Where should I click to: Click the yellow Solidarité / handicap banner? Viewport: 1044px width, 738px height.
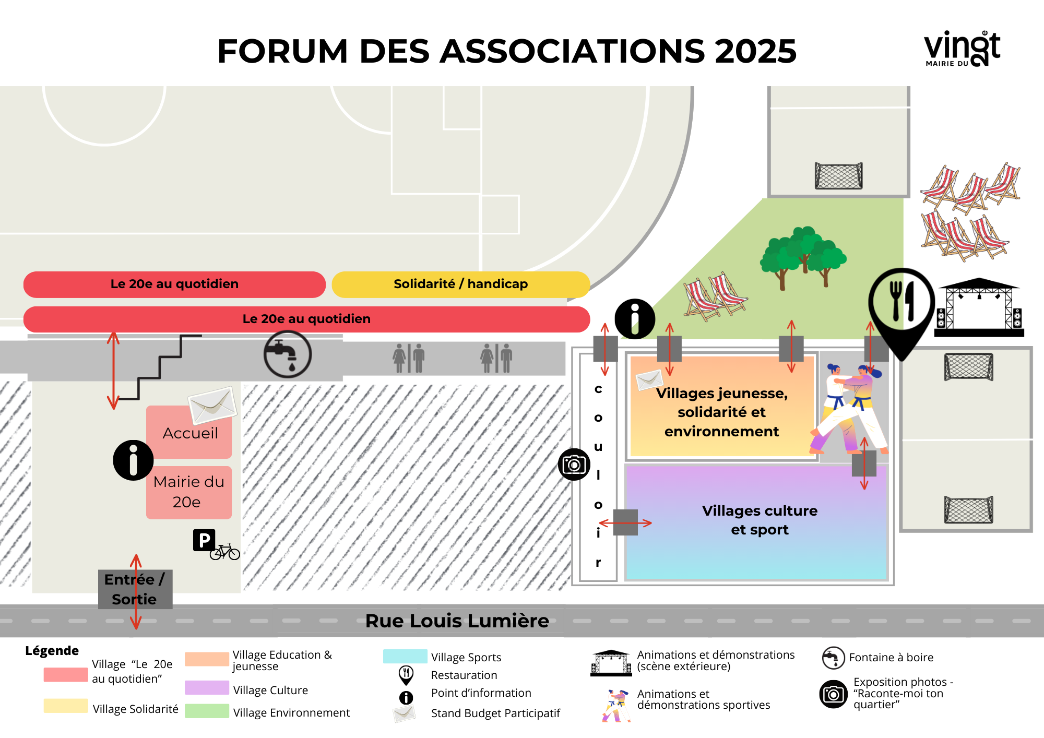point(461,284)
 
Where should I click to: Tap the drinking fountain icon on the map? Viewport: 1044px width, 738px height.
point(288,354)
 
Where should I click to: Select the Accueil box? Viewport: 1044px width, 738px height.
point(189,432)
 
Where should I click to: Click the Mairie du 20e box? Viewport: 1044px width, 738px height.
point(189,492)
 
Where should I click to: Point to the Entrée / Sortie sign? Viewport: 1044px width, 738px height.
point(135,589)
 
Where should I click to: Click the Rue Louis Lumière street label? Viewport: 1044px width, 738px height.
point(457,621)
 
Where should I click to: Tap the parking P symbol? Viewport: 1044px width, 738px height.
point(204,540)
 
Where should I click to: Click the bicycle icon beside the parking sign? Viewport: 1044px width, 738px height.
point(225,552)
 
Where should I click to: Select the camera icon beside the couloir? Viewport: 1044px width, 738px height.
point(574,464)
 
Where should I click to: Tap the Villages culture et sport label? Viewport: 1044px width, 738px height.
point(760,520)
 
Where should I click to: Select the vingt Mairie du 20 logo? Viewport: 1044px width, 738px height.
point(962,49)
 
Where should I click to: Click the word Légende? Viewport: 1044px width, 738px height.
point(52,651)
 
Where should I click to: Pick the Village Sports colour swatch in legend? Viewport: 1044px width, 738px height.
point(405,656)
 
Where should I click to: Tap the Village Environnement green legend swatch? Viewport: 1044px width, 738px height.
point(207,711)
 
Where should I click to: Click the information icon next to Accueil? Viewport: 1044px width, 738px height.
point(133,460)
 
